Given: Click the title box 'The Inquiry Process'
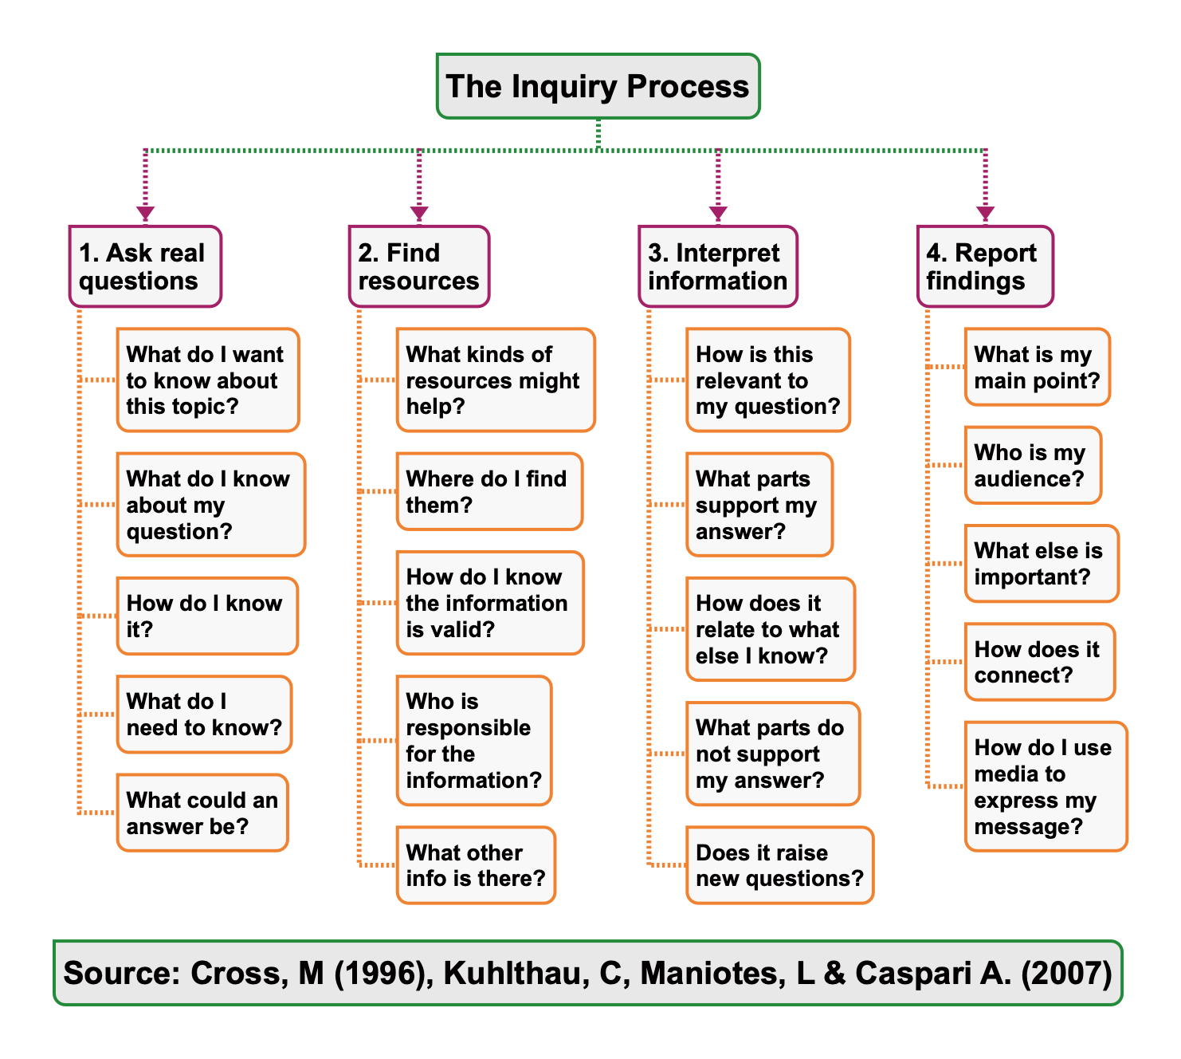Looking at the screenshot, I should click(x=598, y=86).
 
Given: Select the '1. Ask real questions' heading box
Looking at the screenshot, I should click(x=145, y=266).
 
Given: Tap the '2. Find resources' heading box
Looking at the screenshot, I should click(x=419, y=266).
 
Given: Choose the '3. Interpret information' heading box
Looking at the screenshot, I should click(x=718, y=266).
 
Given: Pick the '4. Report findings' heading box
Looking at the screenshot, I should click(x=985, y=266).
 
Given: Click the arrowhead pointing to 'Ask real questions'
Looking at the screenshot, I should click(x=145, y=214).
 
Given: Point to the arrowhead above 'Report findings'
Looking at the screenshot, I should click(x=986, y=214).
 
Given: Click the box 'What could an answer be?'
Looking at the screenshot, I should click(x=202, y=813).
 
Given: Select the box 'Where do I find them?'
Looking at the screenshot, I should click(x=489, y=491).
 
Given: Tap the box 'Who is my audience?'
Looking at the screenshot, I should click(x=1033, y=465).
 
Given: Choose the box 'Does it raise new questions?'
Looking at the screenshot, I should click(x=779, y=865).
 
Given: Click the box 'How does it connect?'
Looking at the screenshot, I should click(x=1039, y=662).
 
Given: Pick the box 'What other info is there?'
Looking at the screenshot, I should click(x=476, y=865).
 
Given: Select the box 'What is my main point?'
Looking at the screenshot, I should click(x=1037, y=367).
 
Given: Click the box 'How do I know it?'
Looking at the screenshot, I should click(x=207, y=616).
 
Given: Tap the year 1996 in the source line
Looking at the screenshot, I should click(x=380, y=974).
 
